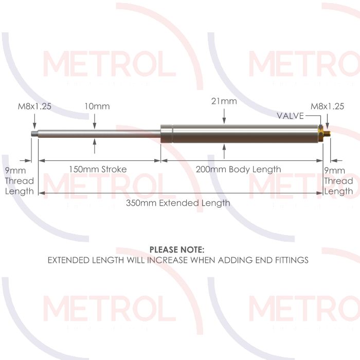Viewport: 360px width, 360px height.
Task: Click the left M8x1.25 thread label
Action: (34, 106)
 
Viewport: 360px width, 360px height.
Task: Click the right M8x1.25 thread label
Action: (327, 106)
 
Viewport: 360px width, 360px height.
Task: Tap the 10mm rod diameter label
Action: (97, 106)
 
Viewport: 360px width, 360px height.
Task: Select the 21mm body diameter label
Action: (224, 101)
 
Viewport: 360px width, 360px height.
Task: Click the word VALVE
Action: (291, 115)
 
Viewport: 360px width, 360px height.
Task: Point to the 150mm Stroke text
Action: (98, 169)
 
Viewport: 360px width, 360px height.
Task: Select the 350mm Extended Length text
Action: (178, 203)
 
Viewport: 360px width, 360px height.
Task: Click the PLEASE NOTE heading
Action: (177, 249)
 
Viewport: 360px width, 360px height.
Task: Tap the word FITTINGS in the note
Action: (289, 260)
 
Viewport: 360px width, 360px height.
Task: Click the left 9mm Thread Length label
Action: (20, 181)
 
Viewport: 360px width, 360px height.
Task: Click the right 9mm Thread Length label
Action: (338, 181)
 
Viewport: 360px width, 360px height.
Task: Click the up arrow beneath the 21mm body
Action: (224, 150)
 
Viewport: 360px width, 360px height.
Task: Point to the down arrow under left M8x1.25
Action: (34, 124)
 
